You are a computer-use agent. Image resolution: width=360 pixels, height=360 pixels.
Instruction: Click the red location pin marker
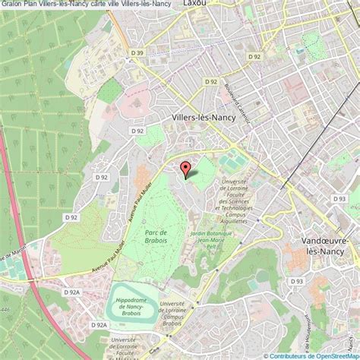pyautogui.click(x=184, y=169)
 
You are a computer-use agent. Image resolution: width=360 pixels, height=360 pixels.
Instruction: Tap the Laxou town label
pyautogui.click(x=196, y=4)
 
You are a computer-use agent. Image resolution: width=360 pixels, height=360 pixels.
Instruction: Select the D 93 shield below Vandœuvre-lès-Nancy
pyautogui.click(x=297, y=281)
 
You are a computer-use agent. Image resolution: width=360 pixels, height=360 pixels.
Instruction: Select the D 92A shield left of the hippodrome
pyautogui.click(x=73, y=291)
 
